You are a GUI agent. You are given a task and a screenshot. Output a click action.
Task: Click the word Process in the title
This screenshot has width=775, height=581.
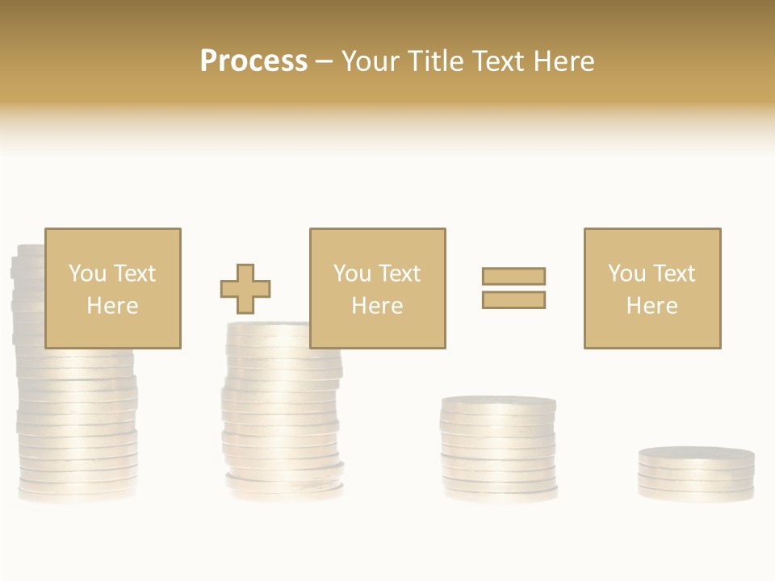click(253, 61)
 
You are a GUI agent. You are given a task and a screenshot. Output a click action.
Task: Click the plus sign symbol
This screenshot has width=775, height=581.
click(245, 289)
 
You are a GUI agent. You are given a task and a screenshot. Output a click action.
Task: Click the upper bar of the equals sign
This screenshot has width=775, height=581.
click(513, 276)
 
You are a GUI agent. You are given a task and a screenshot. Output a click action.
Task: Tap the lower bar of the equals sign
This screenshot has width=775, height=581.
click(513, 299)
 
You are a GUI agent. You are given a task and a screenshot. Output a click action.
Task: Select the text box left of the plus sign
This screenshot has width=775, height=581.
click(112, 288)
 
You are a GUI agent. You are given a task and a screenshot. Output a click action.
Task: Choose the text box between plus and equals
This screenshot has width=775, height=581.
click(377, 288)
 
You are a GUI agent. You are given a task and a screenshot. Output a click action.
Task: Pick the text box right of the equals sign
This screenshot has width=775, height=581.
click(651, 288)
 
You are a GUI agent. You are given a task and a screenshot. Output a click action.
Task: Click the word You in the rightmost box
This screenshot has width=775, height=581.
click(626, 274)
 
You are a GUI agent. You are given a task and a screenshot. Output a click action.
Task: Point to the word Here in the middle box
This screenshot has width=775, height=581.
click(377, 306)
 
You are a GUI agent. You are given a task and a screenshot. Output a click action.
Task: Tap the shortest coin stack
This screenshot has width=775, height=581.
click(696, 474)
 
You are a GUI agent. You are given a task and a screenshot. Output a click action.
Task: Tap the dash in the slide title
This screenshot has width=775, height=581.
click(324, 61)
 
